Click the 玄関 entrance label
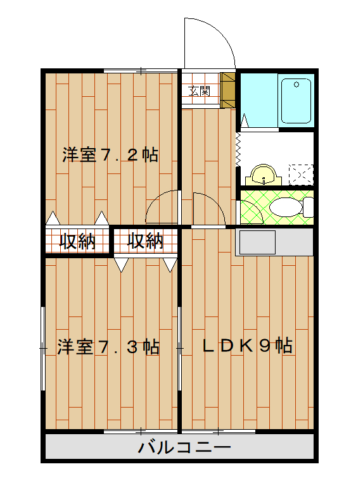200,91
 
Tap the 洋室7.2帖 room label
110,155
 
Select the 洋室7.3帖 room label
108,347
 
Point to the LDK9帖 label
247,346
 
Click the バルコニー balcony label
184,448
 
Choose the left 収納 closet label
77,241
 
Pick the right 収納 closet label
144,241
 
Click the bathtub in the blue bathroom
296,101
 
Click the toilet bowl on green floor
284,207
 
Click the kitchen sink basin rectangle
256,242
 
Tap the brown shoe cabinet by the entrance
227,88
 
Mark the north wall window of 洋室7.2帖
141,70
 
